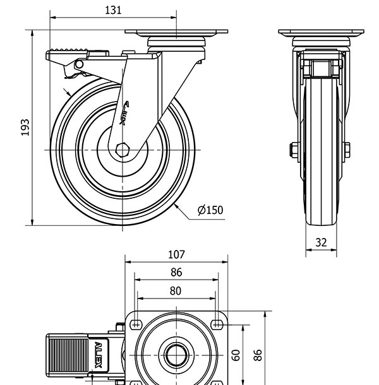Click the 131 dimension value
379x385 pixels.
pyautogui.click(x=113, y=10)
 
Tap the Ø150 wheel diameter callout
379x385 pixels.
pyautogui.click(x=210, y=210)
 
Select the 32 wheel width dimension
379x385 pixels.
pyautogui.click(x=321, y=242)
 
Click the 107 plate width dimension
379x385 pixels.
pyautogui.click(x=176, y=254)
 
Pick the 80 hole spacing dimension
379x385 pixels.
pyautogui.click(x=176, y=290)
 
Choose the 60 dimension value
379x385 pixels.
pyautogui.click(x=236, y=355)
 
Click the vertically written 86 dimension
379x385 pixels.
pyautogui.click(x=258, y=355)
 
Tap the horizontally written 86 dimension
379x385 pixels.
pyautogui.click(x=176, y=272)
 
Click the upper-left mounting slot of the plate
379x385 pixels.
pyautogui.click(x=135, y=324)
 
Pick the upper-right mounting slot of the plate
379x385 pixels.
pyautogui.click(x=217, y=324)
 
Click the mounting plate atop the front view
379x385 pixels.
pyautogui.click(x=176, y=32)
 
